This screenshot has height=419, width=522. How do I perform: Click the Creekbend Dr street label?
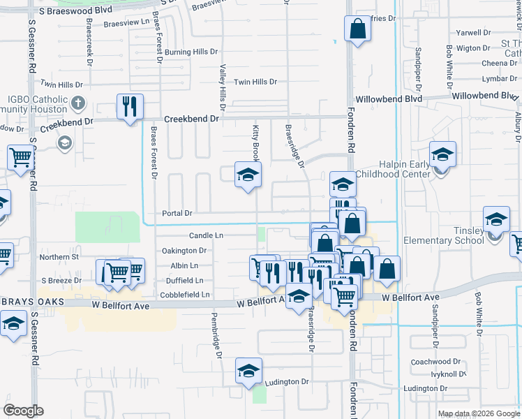(192, 119)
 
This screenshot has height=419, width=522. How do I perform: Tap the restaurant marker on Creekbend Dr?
(130, 107)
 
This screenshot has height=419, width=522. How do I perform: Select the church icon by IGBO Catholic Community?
(77, 104)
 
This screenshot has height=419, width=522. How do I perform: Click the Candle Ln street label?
(206, 236)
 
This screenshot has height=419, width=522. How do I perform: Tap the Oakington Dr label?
(184, 251)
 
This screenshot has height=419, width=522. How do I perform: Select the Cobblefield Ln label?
(185, 295)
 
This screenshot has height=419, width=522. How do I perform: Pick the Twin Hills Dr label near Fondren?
(255, 82)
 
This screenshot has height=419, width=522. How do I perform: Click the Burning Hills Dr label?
(191, 52)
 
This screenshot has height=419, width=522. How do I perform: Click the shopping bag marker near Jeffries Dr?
(357, 30)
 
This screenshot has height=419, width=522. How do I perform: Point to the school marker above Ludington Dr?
(248, 372)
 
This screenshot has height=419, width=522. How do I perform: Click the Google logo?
(23, 411)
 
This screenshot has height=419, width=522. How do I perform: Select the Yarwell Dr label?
(472, 33)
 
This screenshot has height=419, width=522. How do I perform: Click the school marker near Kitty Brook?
(247, 175)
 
